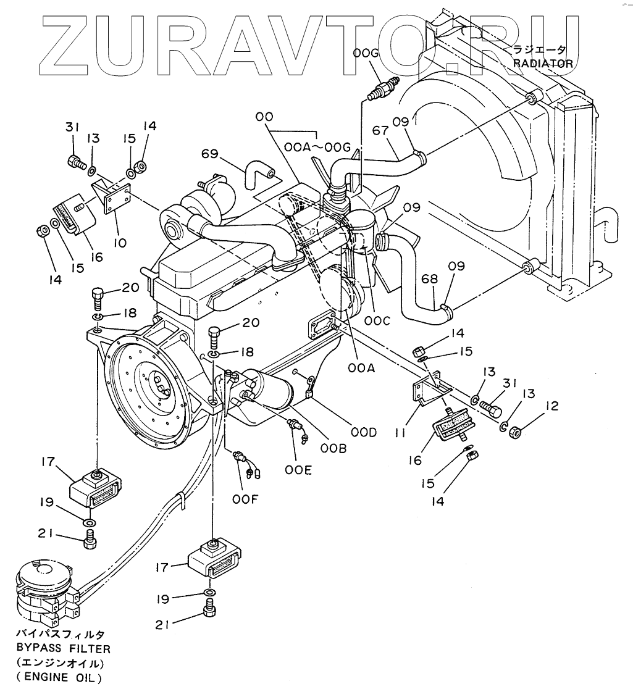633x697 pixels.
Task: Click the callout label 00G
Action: pos(366,56)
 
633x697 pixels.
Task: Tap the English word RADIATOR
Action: pos(543,63)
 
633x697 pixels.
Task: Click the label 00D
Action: pos(364,433)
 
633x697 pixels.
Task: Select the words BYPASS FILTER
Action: pos(64,649)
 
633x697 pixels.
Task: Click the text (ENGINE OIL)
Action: pos(59,678)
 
